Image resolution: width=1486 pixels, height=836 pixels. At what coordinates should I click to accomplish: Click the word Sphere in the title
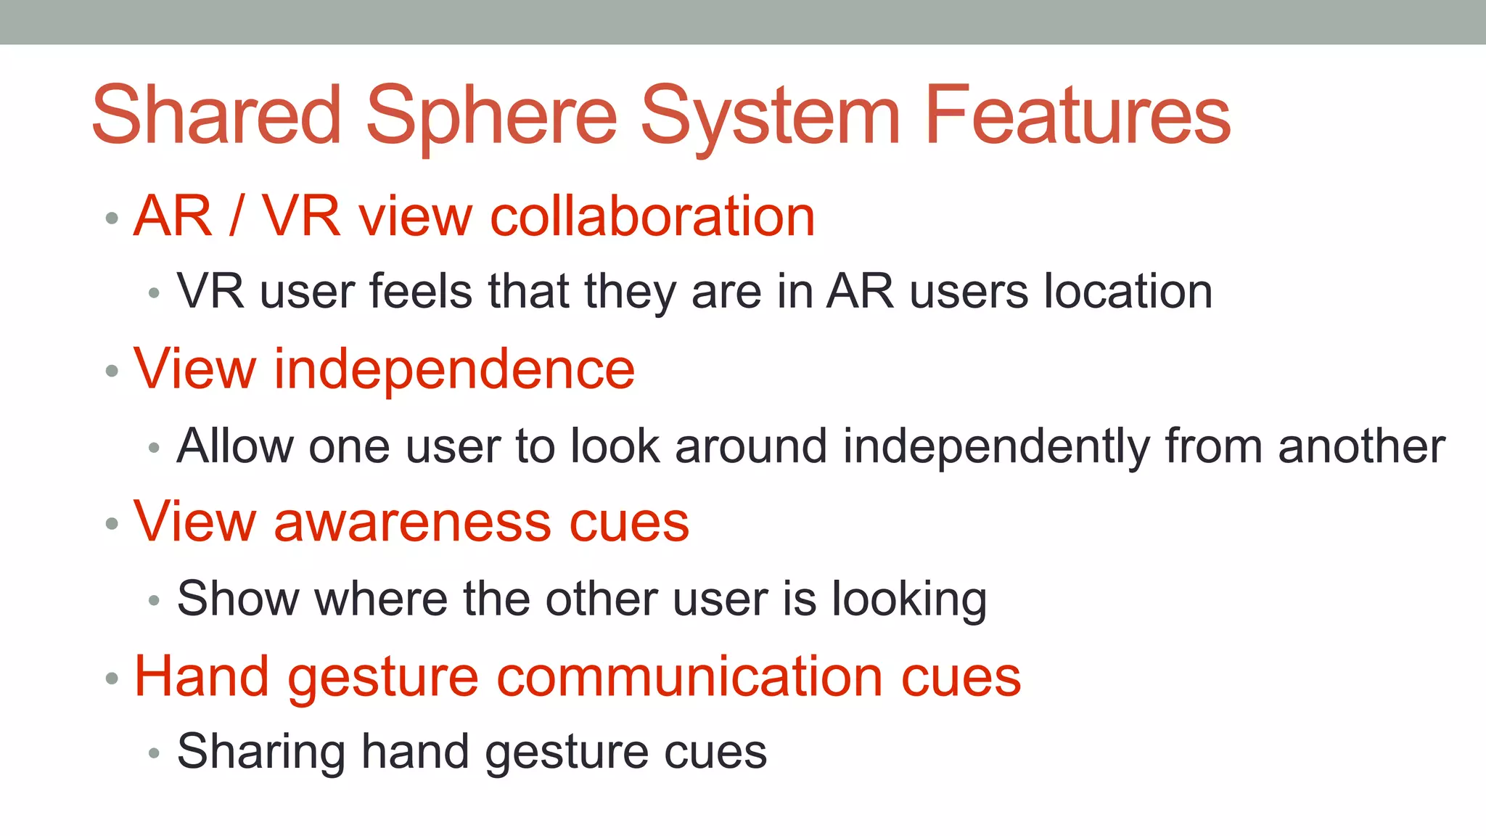[491, 116]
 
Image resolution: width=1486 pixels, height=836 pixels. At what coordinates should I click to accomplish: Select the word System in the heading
[770, 116]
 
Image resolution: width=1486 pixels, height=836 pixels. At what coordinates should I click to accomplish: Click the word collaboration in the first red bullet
[652, 216]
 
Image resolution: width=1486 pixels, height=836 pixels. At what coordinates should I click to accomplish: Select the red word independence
[454, 369]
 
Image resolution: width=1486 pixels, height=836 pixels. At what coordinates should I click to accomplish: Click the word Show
[237, 599]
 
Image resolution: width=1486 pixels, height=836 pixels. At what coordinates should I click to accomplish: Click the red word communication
[689, 676]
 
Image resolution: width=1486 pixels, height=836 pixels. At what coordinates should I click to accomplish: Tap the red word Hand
[202, 676]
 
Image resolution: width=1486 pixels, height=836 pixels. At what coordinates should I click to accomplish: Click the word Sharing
[260, 752]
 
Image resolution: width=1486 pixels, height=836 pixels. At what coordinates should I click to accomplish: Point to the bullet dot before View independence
[112, 372]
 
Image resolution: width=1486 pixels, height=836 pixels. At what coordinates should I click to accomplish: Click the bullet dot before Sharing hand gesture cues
[153, 753]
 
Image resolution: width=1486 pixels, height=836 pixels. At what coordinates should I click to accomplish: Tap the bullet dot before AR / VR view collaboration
[112, 218]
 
